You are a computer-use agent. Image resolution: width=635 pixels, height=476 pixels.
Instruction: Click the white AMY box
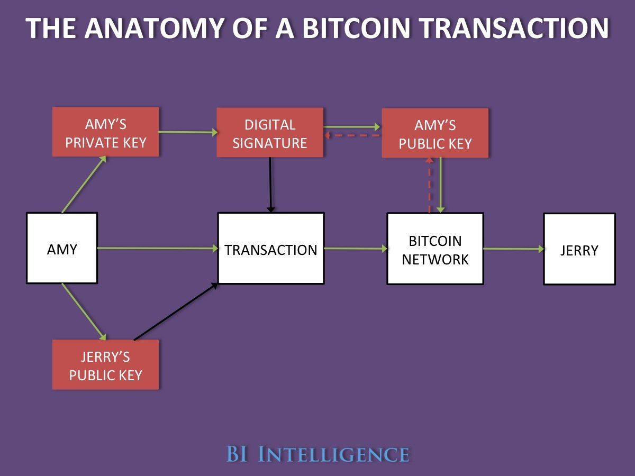click(62, 248)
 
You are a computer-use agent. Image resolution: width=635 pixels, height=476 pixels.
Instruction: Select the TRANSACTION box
click(270, 248)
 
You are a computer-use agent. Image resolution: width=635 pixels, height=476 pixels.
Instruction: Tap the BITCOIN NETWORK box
click(435, 249)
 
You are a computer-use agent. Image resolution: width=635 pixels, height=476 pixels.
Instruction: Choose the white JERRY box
click(579, 249)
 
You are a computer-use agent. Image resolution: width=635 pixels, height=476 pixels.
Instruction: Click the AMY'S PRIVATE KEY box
click(105, 132)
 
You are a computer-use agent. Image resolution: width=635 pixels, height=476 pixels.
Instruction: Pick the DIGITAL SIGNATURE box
click(270, 132)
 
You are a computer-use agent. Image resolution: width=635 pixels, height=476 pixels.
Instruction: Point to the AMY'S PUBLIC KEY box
click(435, 133)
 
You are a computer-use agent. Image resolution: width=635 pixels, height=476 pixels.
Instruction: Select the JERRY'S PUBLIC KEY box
click(105, 364)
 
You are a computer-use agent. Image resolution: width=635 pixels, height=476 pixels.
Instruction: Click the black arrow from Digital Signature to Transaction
click(270, 185)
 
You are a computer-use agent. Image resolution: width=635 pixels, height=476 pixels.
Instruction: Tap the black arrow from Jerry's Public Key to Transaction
click(176, 312)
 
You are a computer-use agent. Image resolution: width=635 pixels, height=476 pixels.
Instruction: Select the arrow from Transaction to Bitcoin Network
click(355, 248)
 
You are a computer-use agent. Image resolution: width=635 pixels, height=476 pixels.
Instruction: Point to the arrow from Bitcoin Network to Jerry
click(513, 248)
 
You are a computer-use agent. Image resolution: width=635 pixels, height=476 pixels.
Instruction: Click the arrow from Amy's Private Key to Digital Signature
click(188, 132)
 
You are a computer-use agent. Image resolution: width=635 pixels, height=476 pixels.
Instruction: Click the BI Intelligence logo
click(317, 454)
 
